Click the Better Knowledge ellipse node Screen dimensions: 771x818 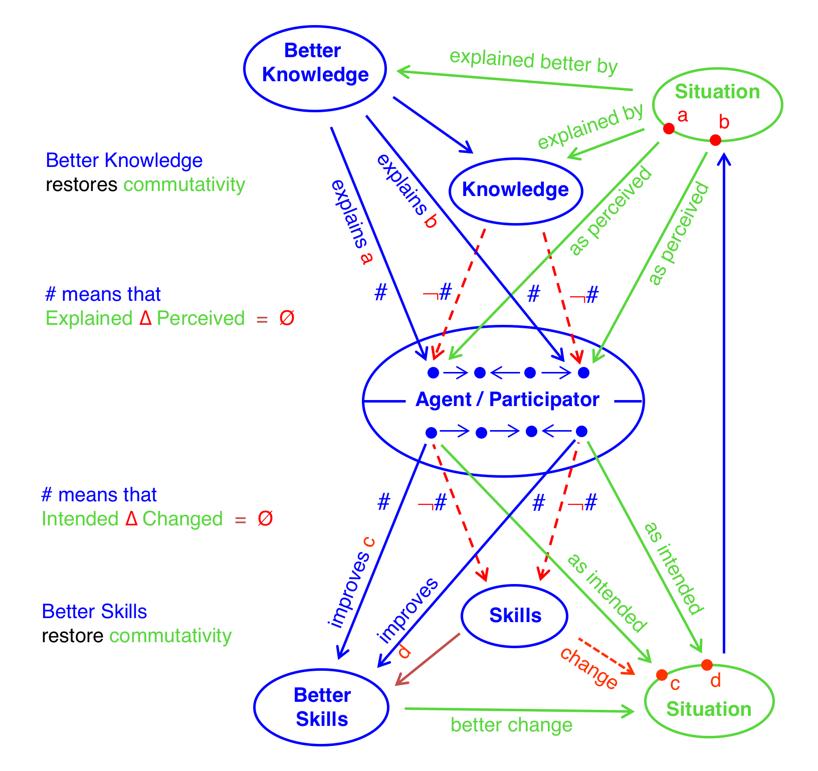[315, 69]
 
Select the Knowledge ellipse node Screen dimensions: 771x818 [515, 190]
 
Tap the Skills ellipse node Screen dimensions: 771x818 [514, 616]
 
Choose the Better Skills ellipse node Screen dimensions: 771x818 [321, 707]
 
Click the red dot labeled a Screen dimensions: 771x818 [669, 129]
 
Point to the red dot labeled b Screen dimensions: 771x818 [716, 140]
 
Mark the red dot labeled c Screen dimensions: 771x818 [662, 675]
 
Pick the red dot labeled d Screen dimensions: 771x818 [707, 665]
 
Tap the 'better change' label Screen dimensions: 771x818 [511, 725]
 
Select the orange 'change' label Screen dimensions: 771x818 [588, 668]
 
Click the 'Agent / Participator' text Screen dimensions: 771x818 [507, 400]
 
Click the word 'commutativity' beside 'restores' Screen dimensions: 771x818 [184, 184]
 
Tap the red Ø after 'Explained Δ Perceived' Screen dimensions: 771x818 [287, 318]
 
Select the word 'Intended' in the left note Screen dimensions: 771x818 [80, 519]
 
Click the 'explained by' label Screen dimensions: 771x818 [590, 126]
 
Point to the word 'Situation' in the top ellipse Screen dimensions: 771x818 [717, 92]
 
